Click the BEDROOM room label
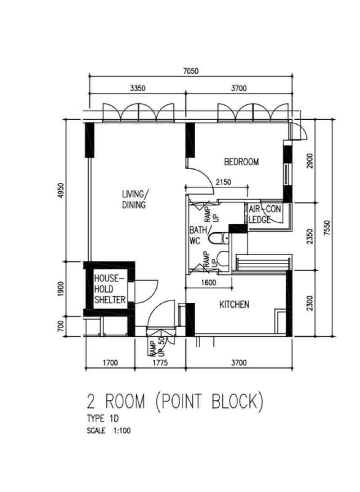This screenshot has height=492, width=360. (x=241, y=162)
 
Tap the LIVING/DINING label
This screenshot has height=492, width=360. (x=135, y=199)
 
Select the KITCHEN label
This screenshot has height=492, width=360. (x=234, y=305)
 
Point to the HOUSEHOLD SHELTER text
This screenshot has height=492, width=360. (x=109, y=289)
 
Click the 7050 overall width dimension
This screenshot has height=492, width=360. (x=190, y=71)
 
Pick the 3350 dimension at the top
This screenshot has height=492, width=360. (x=137, y=89)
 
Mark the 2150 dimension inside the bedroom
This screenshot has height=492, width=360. (x=224, y=182)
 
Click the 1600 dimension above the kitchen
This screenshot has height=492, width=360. (x=209, y=283)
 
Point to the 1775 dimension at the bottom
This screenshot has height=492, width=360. (x=160, y=362)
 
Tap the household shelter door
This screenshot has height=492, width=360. (x=146, y=291)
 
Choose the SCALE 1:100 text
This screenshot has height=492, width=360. (x=108, y=431)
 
